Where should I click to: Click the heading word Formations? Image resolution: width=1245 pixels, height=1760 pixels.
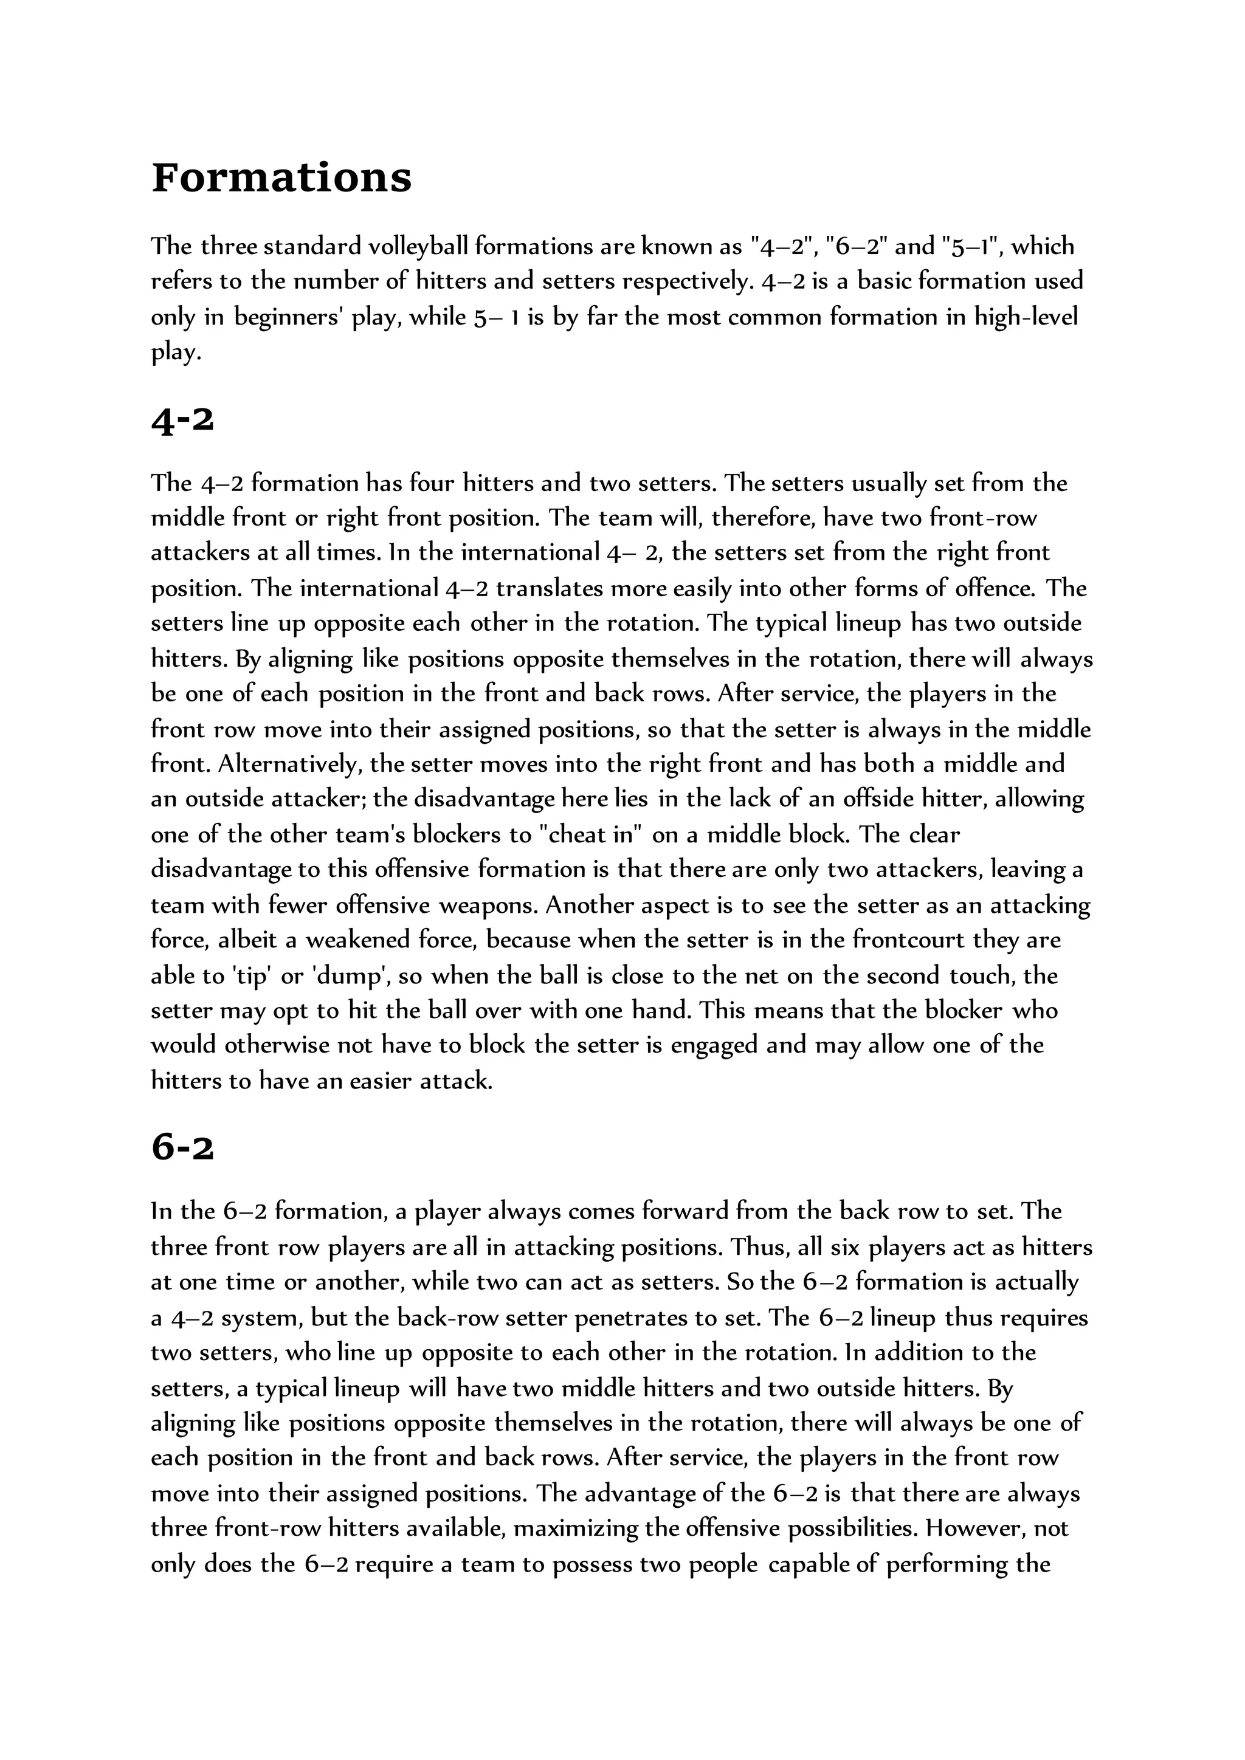pyautogui.click(x=281, y=178)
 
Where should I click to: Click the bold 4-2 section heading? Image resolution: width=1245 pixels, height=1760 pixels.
pyautogui.click(x=182, y=420)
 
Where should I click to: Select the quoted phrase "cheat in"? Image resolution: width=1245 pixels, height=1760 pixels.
pyautogui.click(x=584, y=835)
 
